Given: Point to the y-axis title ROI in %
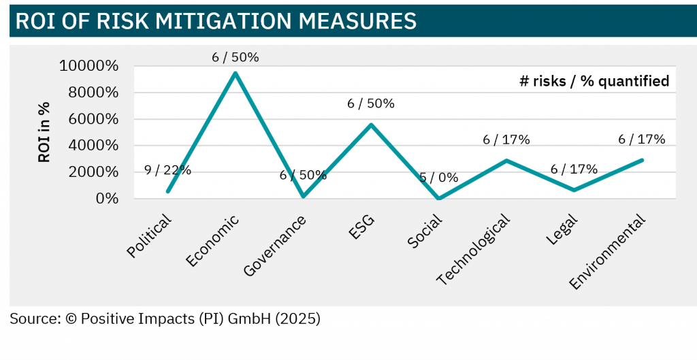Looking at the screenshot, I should pos(44,132).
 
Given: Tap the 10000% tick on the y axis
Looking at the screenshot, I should pos(88,66).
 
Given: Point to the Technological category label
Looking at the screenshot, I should pos(474,250).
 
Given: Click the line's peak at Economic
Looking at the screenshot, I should pos(236,73).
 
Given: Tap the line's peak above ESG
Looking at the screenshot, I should pos(371,125).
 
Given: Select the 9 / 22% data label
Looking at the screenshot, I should pos(168,170).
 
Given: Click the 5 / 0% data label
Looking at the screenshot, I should pos(438,178).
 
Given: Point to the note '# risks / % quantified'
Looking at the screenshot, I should pos(594,81).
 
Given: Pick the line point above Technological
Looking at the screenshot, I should pos(506,161).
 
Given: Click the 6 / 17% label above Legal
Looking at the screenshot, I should pos(574,169).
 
